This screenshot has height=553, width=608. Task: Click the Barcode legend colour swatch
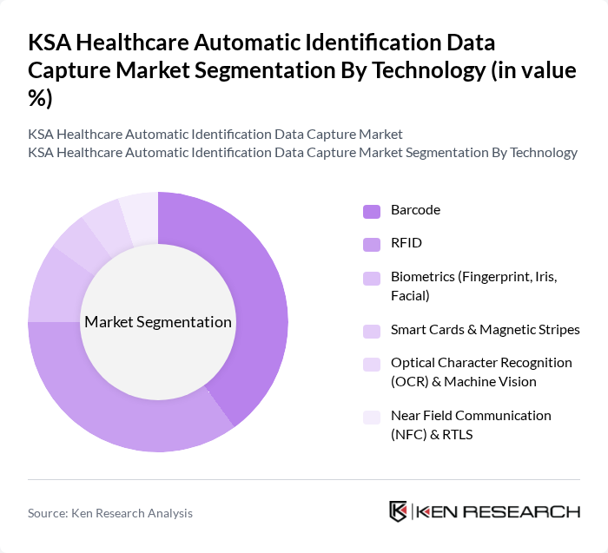point(371,211)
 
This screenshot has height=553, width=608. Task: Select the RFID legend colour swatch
point(371,245)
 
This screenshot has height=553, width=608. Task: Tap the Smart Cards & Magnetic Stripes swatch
point(371,330)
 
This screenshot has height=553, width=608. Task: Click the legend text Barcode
point(415,210)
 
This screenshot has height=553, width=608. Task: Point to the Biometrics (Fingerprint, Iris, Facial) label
point(470,286)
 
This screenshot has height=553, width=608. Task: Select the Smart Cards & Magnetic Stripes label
point(485,329)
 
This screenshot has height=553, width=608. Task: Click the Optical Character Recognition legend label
point(481,372)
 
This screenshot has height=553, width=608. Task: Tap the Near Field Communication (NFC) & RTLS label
point(471,425)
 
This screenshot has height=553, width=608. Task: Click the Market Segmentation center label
point(158,322)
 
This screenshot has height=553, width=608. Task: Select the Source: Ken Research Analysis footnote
point(110,513)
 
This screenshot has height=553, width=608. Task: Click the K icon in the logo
point(398,511)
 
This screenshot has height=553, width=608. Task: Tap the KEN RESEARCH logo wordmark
point(498,511)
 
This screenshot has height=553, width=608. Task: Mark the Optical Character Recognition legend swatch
point(371,363)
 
